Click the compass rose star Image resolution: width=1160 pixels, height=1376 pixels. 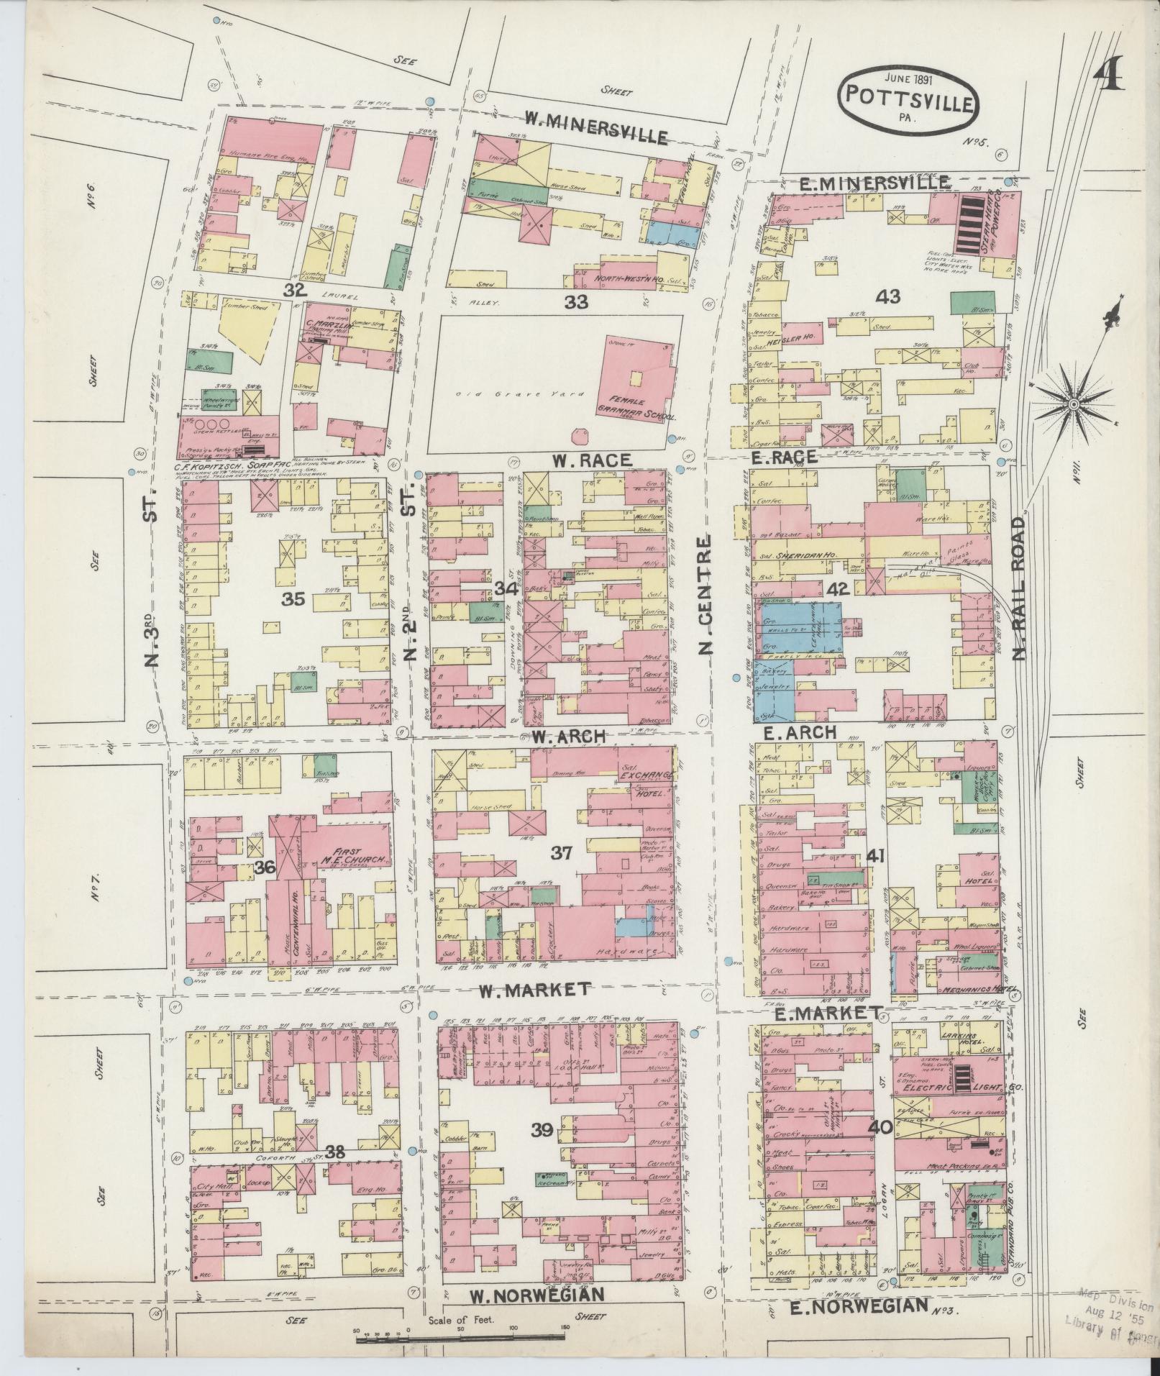coord(1073,404)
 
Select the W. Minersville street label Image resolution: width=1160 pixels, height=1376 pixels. coord(596,129)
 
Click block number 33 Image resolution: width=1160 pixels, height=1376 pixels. coord(576,302)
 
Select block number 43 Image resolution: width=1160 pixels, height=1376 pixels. coord(889,296)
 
